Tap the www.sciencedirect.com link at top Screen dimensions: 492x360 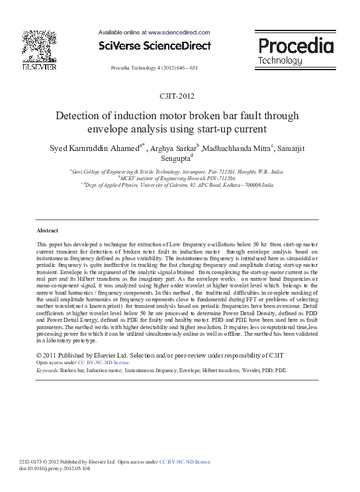point(179,32)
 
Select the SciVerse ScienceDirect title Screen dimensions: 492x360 point(154,46)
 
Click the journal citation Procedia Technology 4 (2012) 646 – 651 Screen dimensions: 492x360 point(154,69)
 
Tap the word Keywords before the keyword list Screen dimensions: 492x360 point(47,370)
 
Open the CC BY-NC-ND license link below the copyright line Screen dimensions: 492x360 point(103,363)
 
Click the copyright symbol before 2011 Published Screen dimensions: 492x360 point(39,355)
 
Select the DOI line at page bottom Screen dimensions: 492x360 point(56,467)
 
